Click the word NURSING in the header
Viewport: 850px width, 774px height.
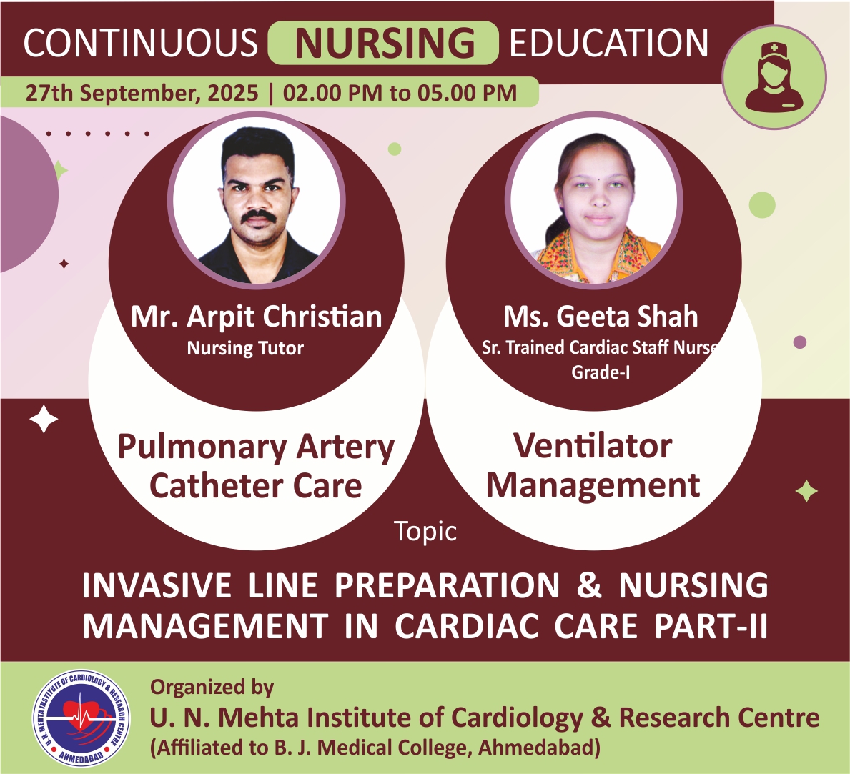(385, 43)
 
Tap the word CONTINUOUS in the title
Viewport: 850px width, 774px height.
(140, 43)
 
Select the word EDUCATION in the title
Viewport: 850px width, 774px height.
(609, 43)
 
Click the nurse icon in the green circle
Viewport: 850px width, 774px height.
(774, 76)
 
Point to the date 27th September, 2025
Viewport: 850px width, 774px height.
(142, 93)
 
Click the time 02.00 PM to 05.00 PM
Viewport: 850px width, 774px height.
(400, 93)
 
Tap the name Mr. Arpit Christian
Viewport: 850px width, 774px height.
(257, 317)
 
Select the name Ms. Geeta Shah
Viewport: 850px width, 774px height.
(601, 317)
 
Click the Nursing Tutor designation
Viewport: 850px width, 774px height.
(245, 348)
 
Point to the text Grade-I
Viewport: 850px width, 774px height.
(601, 372)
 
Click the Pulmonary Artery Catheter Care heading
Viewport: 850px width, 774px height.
(256, 466)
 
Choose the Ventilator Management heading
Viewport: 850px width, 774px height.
(593, 465)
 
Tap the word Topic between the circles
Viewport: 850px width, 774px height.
(425, 531)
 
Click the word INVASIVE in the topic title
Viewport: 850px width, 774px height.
(157, 585)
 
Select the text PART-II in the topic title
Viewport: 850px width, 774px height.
(711, 627)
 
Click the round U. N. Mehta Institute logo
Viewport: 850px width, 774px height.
(81, 718)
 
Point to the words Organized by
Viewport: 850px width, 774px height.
(212, 688)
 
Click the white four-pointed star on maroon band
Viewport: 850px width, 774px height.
(44, 419)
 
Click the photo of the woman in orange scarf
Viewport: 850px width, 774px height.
(594, 202)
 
